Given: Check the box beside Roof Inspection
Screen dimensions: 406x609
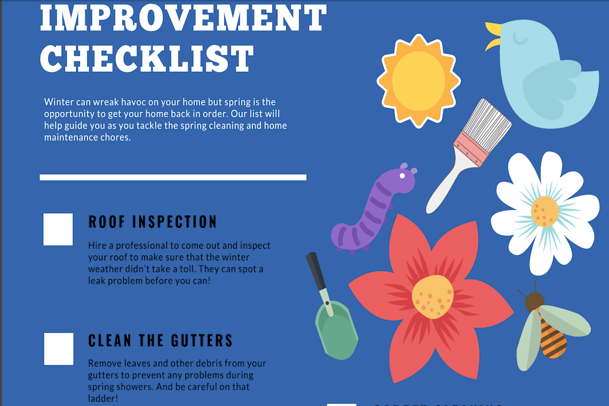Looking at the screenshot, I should click(x=58, y=229).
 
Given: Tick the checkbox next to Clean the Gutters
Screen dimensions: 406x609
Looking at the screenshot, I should click(x=59, y=349).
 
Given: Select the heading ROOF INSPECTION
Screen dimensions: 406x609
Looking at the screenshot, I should click(x=152, y=222).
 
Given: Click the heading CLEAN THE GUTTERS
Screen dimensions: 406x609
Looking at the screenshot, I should click(x=161, y=341).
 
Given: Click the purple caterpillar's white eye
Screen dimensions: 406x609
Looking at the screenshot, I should click(x=403, y=176).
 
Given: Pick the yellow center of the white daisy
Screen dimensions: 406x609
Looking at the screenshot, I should click(x=545, y=211).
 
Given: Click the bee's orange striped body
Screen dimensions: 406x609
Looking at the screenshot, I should click(x=552, y=338).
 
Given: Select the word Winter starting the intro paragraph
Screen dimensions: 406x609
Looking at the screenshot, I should click(x=58, y=101).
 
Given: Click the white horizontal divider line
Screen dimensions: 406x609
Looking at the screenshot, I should click(x=173, y=177).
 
